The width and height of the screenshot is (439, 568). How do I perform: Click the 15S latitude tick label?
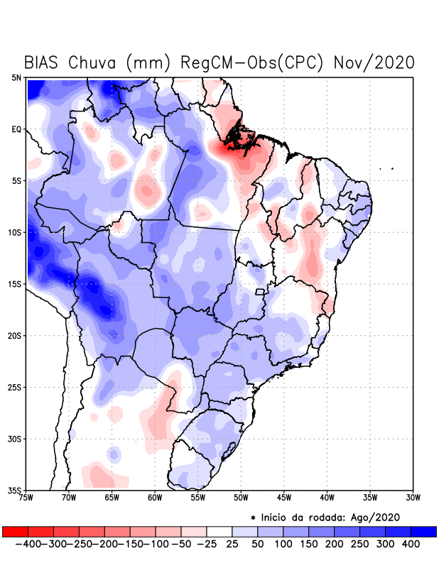coord(16,284)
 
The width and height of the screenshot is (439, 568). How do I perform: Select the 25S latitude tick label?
coord(16,387)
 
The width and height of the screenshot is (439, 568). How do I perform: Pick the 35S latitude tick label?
coord(16,490)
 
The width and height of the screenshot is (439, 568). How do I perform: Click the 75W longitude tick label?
coord(27,498)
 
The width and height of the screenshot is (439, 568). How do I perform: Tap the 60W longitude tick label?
coord(155,498)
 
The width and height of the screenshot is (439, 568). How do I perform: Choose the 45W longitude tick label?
coord(284,498)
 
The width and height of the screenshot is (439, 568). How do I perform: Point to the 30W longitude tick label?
coord(413,498)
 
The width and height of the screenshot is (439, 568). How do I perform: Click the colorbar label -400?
coord(28,544)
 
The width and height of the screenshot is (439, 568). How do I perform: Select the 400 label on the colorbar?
coord(409,544)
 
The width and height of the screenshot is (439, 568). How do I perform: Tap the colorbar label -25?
coord(207,544)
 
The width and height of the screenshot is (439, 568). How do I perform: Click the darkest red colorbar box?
coord(15,531)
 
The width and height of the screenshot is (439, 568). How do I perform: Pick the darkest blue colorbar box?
coord(423,531)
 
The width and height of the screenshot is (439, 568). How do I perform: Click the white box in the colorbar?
coord(220,531)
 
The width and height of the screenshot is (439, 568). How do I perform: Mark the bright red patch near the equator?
coord(234,146)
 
